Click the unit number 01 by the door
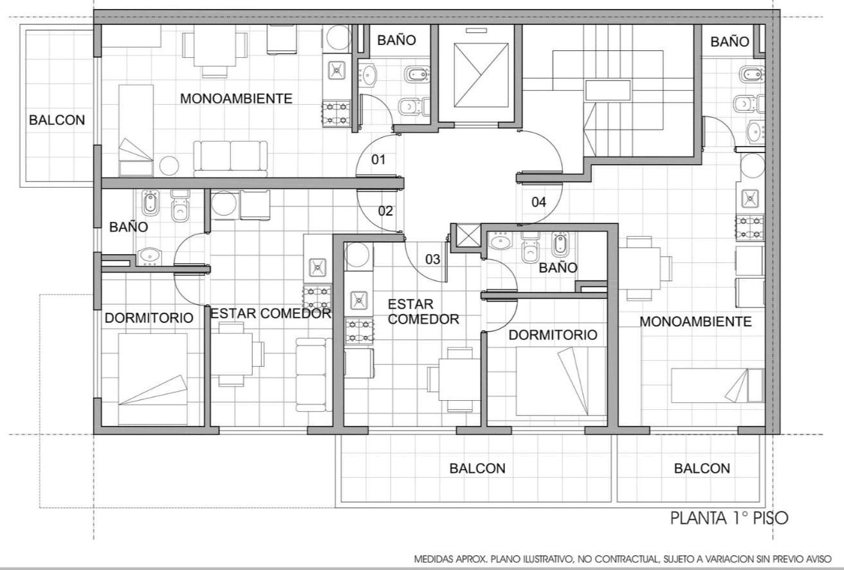[378, 160]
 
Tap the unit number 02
[385, 211]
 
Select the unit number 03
[432, 259]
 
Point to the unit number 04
[539, 202]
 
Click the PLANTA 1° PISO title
[729, 519]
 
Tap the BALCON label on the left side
[57, 120]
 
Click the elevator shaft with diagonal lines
[481, 75]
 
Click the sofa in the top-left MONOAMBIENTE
[230, 159]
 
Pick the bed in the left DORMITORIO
[153, 379]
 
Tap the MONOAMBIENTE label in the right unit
[695, 322]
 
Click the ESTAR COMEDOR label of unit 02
[270, 313]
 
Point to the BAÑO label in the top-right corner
[730, 42]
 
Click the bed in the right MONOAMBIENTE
[717, 385]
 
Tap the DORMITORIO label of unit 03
[553, 335]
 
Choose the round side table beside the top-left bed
[169, 165]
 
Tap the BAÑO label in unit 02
[129, 227]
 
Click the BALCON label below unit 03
[477, 468]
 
